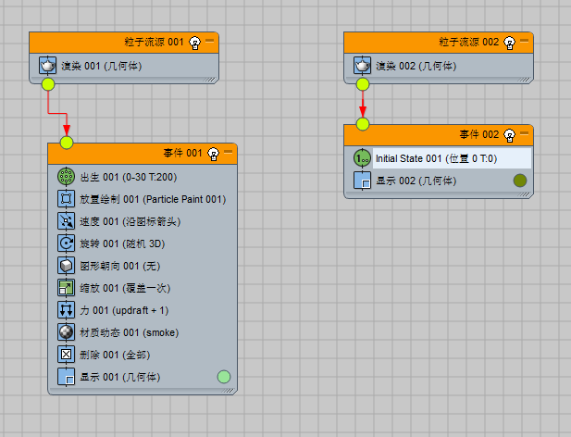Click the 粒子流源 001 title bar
point(154,43)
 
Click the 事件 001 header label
point(182,153)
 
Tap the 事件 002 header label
point(478,134)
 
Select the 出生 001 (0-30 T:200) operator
point(128,176)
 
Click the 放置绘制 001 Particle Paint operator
point(152,198)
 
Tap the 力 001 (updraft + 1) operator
point(122,310)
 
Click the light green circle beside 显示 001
point(223,377)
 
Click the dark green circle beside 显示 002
point(519,181)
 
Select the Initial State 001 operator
point(435,158)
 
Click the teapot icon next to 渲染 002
point(363,66)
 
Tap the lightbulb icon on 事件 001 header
point(213,153)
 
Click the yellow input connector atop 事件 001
point(66,142)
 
